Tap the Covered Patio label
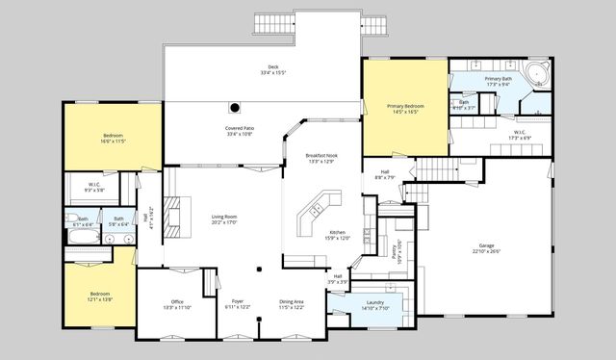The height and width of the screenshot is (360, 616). (x=240, y=128)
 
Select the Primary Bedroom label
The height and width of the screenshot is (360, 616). (x=405, y=106)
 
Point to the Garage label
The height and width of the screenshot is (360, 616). (x=486, y=247)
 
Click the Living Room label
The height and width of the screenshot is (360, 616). (x=224, y=218)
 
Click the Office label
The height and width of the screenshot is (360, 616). (x=176, y=301)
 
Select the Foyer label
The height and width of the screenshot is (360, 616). (x=237, y=301)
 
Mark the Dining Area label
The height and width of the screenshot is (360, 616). (x=292, y=301)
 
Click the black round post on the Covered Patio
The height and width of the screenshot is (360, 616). (x=233, y=108)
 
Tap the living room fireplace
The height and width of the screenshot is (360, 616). (x=170, y=216)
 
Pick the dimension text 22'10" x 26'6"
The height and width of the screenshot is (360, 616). (x=486, y=251)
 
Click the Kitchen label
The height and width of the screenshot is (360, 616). (x=337, y=232)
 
